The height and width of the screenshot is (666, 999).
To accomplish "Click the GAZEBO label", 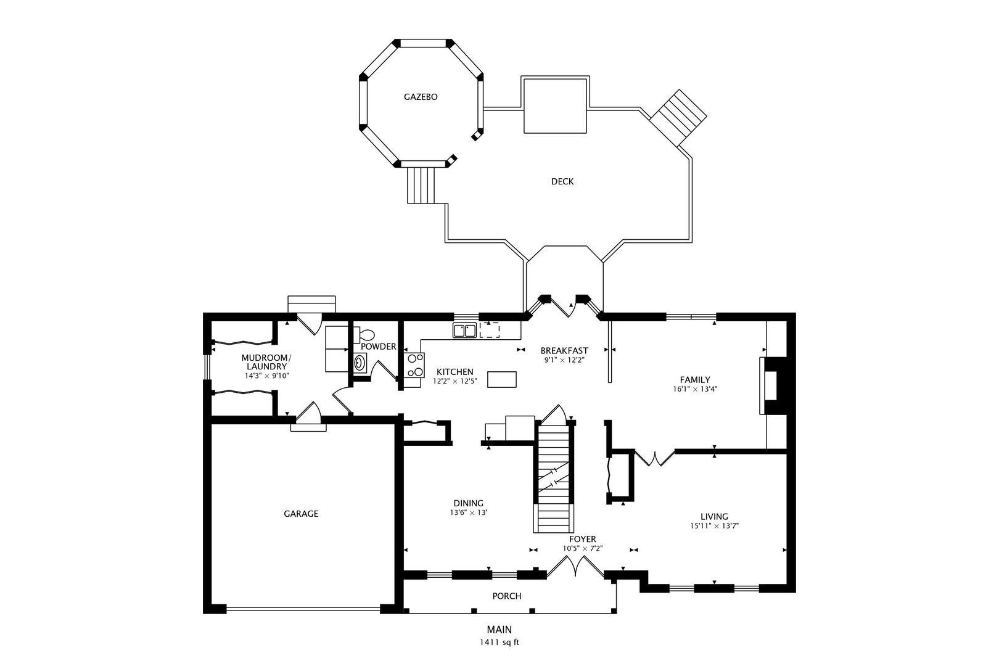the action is coord(421,97).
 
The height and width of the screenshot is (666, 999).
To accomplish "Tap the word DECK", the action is coord(562,181).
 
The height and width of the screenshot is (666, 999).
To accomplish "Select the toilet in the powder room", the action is coord(365,335).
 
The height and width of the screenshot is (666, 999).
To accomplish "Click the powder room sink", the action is coord(360,363).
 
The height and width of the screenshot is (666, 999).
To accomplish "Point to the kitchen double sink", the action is coord(465,331).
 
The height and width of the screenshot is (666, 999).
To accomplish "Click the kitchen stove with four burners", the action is coord(414,365).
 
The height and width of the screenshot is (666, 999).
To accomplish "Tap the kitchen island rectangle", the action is coord(502,379).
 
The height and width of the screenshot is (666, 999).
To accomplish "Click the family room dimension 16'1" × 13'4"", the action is coord(695,389).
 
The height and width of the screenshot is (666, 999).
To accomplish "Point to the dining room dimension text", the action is coord(469,512).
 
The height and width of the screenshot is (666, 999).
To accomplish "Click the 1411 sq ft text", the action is coord(499,643).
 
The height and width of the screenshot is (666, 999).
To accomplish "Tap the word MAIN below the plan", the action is coord(499,630).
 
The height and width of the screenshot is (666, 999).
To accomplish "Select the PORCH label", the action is coord(507,596).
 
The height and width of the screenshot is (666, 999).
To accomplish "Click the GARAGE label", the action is coord(301,514).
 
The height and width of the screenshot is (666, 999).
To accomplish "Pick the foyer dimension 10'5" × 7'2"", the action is coord(583,548).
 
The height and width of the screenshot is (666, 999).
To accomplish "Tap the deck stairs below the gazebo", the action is coord(421,185).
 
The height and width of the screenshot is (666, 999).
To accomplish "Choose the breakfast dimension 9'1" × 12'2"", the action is coord(564,360).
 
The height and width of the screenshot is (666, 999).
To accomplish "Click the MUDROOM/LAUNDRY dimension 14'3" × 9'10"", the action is coord(266,376).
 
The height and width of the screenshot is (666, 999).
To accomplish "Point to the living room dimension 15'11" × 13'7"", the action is coord(715,526).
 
